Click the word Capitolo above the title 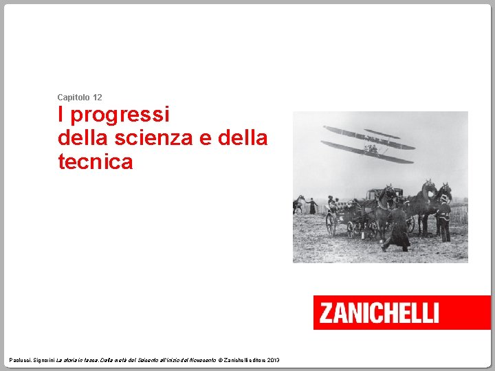(74, 98)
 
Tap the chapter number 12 (97, 98)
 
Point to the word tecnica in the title (95, 162)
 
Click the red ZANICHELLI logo (401, 313)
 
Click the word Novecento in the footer (200, 360)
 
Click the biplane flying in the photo (369, 144)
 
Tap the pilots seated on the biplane (371, 147)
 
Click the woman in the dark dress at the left (313, 205)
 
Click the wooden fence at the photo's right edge (459, 214)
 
